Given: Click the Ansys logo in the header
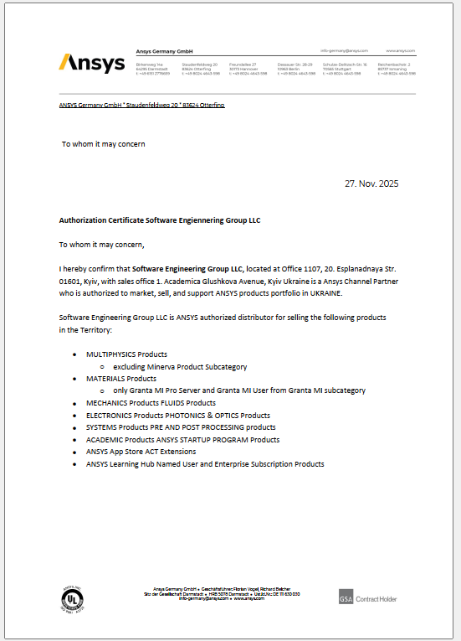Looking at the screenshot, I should click(92, 64).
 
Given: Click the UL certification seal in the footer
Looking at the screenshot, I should click(71, 598).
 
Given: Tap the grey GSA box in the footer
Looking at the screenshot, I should click(346, 598).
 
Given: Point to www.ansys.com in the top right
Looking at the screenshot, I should click(401, 51).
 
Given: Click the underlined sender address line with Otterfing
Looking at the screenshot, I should click(141, 105).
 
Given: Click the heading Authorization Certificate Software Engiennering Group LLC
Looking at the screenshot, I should click(160, 220).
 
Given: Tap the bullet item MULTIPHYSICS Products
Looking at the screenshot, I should click(126, 354).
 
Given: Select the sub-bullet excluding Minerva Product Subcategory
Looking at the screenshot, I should click(179, 367).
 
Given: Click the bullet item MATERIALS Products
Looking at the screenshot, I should click(121, 379).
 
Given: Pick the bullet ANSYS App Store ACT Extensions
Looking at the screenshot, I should click(141, 452).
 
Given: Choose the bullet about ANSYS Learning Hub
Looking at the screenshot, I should click(204, 463).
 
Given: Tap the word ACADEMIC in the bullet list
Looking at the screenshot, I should click(105, 440).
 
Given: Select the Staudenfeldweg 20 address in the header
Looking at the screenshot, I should click(200, 65).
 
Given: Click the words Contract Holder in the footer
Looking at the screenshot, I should click(377, 599).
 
